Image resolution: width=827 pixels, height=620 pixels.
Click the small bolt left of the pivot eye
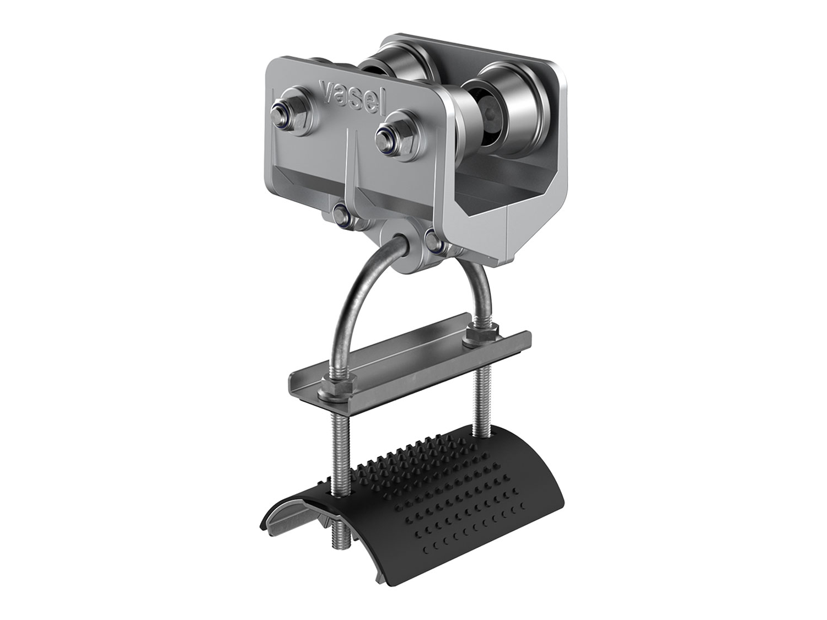coord(343,213)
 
